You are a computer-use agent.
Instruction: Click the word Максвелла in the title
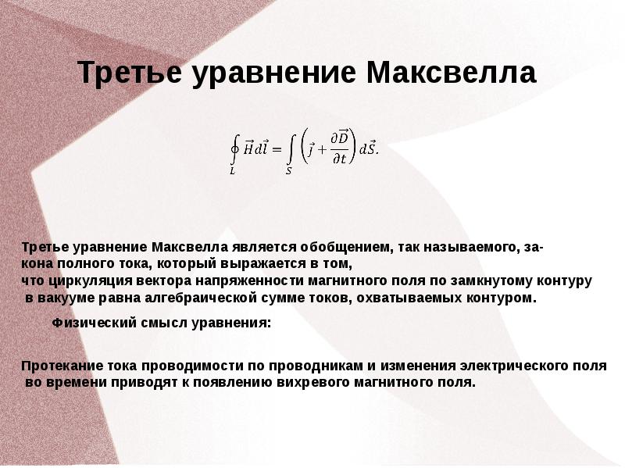coord(452,72)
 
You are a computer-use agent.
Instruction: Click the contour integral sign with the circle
coord(235,149)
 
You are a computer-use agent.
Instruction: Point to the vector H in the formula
coord(248,148)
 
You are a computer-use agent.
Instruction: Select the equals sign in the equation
coord(277,149)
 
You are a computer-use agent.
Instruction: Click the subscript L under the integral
coord(232,171)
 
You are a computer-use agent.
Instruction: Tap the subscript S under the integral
coord(288,171)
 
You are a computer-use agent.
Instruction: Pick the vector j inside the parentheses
coord(311,149)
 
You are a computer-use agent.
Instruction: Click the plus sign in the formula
coord(322,150)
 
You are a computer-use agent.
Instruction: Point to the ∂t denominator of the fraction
coord(339,159)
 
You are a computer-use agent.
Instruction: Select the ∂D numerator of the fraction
coord(340,138)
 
